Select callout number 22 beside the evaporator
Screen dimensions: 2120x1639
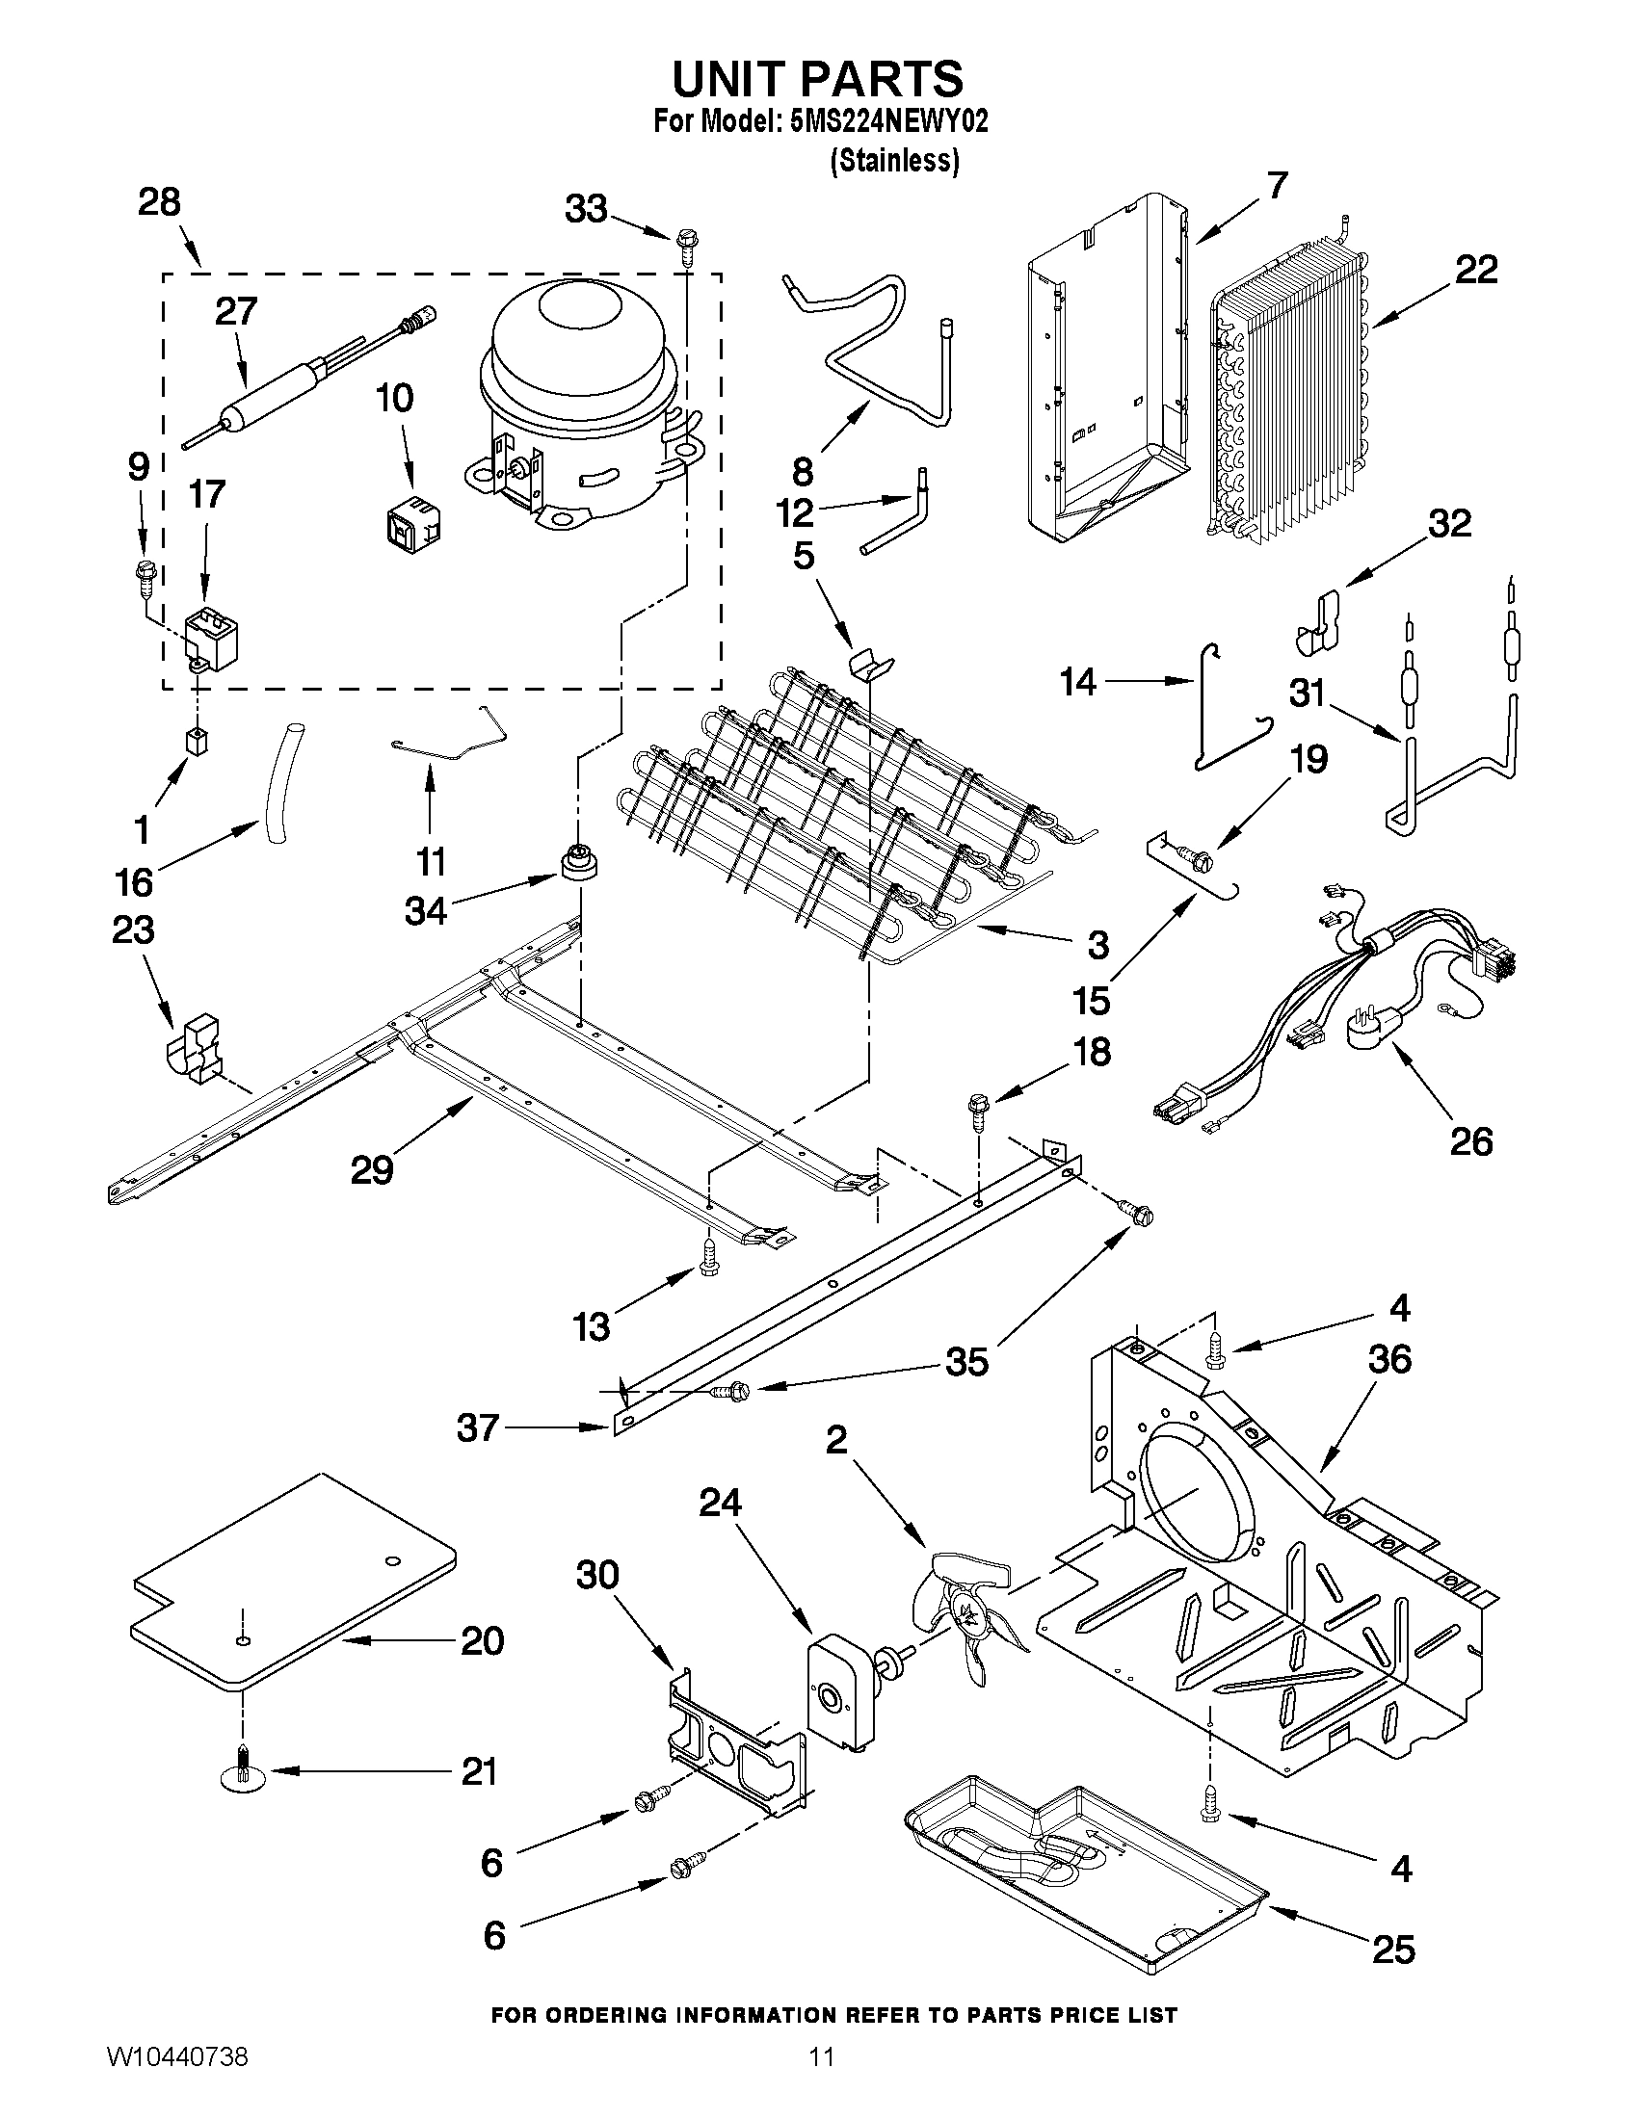pos(1475,270)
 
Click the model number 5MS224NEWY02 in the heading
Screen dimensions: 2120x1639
pos(889,121)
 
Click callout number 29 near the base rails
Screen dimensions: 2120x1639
pos(371,1168)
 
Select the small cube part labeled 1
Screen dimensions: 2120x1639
pos(198,742)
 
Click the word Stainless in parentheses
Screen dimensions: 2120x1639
pos(894,161)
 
